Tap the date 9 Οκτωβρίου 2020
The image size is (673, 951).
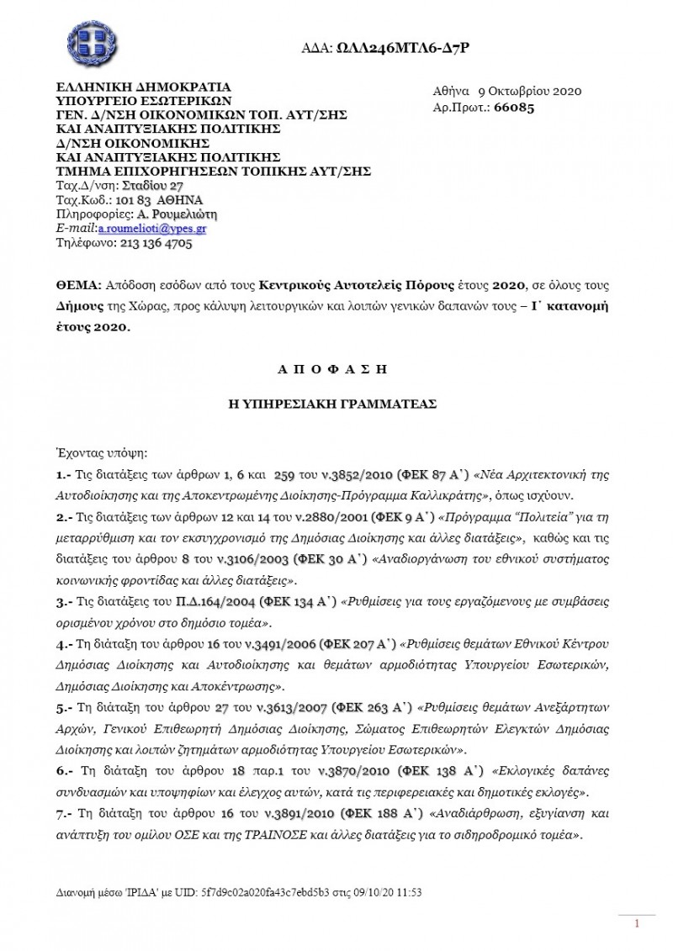[530, 92]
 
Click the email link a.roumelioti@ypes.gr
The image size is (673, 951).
[152, 228]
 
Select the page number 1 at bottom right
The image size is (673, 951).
[638, 923]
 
